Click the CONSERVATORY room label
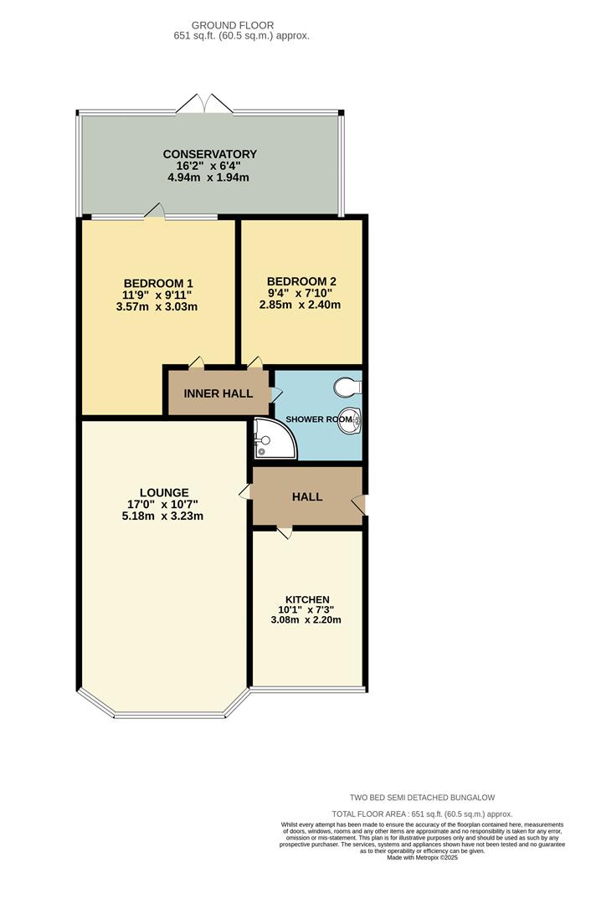[x=209, y=154]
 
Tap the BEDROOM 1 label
[x=158, y=282]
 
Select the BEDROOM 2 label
[x=301, y=280]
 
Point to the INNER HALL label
[x=218, y=393]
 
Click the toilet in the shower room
[x=347, y=387]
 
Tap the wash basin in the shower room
[x=349, y=421]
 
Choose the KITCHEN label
[x=307, y=599]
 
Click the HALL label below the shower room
[x=306, y=496]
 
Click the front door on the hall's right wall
[x=358, y=505]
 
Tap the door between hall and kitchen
[x=285, y=532]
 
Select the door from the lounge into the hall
[x=244, y=492]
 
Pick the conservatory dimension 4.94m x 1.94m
[x=209, y=177]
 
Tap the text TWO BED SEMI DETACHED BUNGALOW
[x=428, y=798]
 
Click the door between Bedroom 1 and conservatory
[x=155, y=212]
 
